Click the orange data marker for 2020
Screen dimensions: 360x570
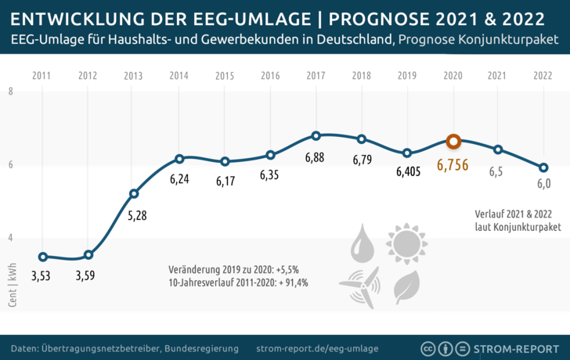(453, 142)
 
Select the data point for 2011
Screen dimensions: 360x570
(42, 257)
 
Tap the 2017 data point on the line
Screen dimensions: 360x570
(316, 135)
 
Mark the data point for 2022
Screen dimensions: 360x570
(543, 167)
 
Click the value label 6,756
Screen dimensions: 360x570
(453, 165)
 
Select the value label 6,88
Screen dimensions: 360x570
(316, 158)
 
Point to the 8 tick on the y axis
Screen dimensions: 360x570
(10, 92)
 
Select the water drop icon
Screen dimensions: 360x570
(363, 243)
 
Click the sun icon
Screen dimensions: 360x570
(406, 243)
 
